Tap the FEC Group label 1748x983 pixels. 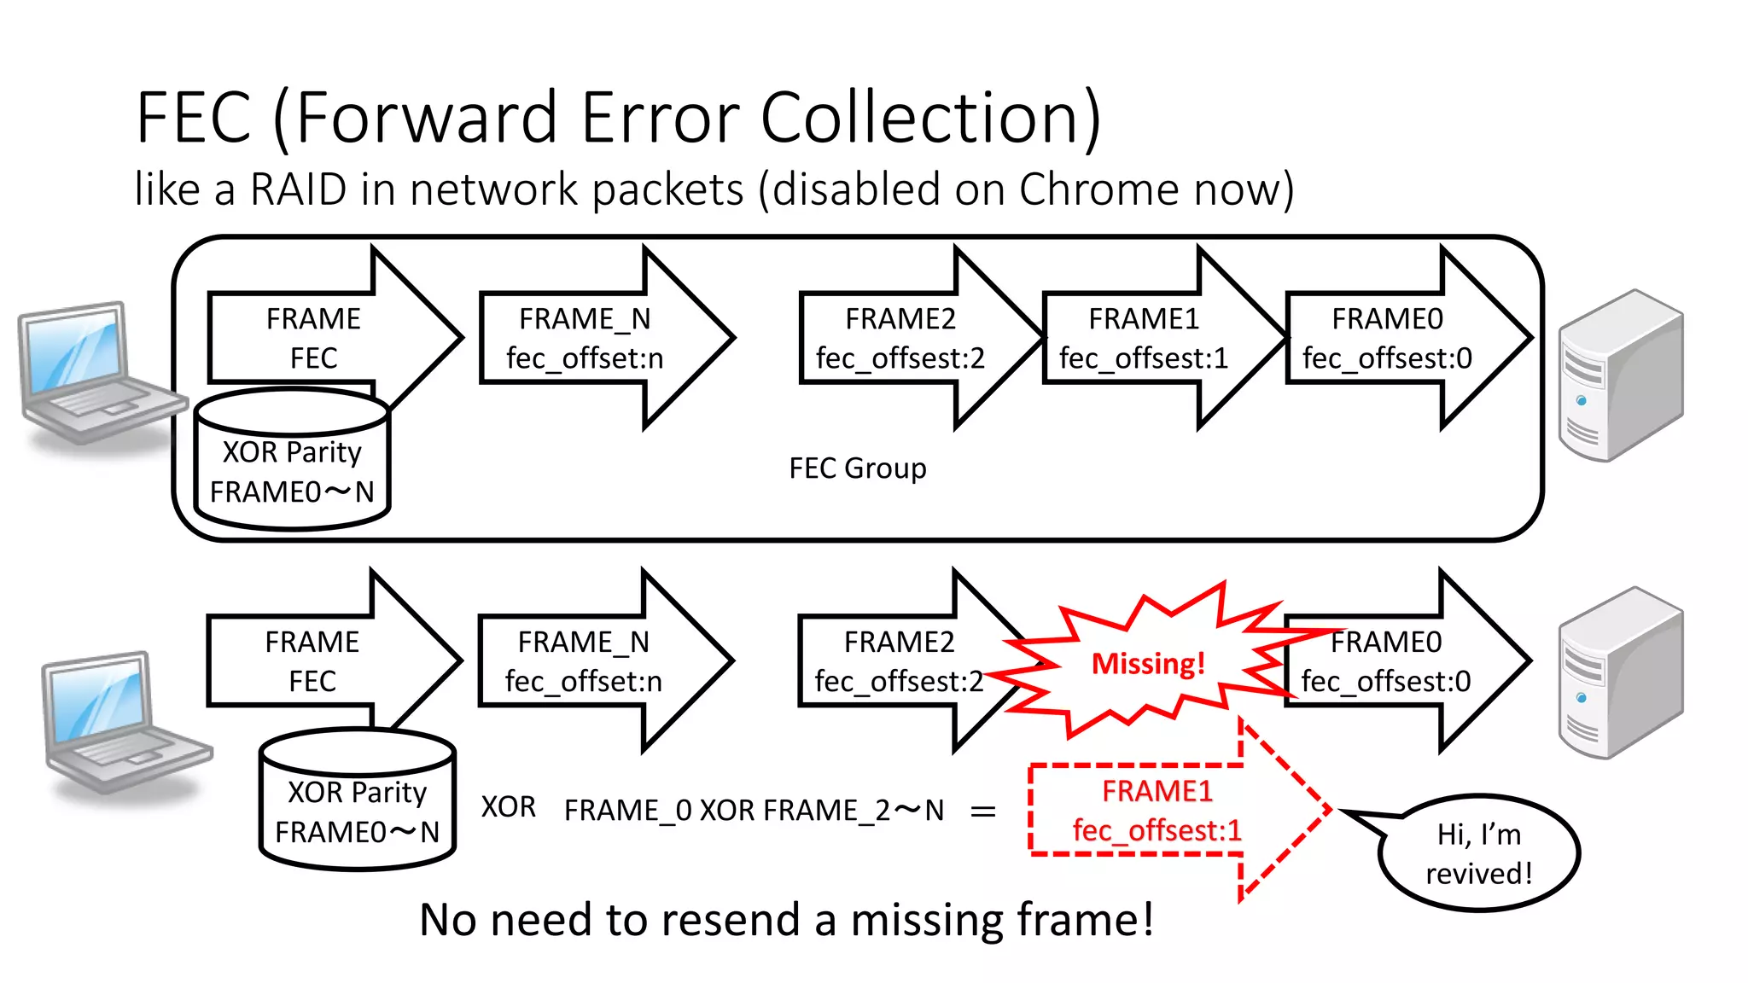[857, 468]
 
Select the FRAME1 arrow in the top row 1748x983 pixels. [1144, 339]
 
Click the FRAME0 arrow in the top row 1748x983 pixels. [1387, 339]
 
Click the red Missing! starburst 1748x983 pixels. [1148, 663]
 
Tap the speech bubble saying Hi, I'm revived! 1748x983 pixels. [1478, 854]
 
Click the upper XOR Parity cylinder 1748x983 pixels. [292, 461]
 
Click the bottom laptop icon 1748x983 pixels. [119, 725]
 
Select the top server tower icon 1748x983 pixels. [1619, 375]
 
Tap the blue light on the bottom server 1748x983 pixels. [1582, 698]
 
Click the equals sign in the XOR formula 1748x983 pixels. [983, 811]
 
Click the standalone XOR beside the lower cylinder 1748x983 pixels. [508, 807]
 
